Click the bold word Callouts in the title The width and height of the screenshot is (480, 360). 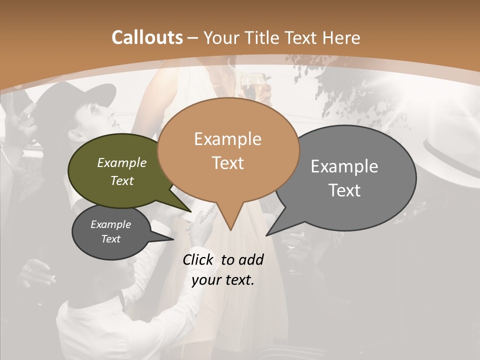tap(147, 37)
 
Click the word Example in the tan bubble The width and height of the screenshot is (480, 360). tap(227, 139)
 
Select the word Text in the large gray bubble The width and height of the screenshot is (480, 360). tap(344, 190)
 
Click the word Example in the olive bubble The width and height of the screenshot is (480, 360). tap(122, 162)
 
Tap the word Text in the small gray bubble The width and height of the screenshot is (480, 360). tap(110, 239)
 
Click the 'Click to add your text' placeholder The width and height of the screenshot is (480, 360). tap(223, 270)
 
